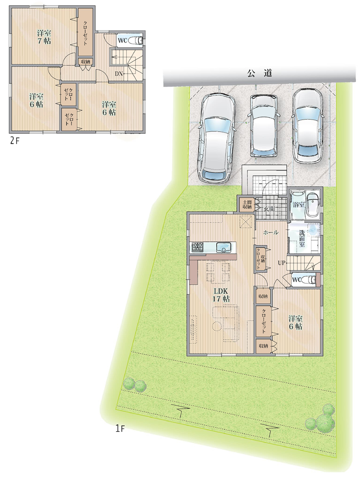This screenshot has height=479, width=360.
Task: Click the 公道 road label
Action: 260,73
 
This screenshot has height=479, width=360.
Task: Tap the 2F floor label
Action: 14,141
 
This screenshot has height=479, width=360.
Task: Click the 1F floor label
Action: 120,429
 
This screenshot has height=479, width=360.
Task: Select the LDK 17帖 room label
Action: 221,295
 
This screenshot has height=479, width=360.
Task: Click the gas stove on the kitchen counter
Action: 198,247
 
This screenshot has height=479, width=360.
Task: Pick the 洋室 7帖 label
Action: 44,37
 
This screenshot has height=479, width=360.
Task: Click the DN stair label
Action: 119,74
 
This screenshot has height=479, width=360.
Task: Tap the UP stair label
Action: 281,263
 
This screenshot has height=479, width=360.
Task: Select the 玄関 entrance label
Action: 269,209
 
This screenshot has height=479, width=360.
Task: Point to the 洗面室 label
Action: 302,238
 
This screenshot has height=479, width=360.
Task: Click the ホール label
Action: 271,232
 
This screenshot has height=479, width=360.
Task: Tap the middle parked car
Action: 264,125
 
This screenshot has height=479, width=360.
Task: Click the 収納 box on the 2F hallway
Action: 85,62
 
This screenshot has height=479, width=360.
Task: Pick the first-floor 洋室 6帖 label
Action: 296,323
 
